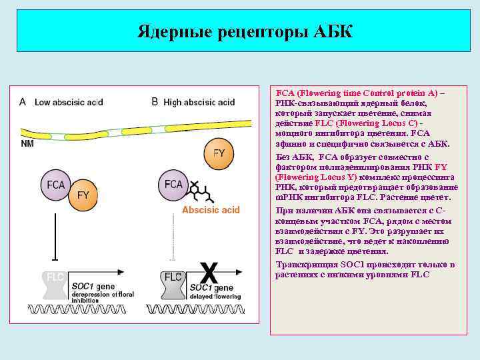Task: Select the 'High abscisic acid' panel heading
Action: [x=199, y=102]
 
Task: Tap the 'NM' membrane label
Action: [x=27, y=143]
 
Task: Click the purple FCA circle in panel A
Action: [x=57, y=185]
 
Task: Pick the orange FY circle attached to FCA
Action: [x=83, y=194]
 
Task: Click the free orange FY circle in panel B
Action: [x=218, y=153]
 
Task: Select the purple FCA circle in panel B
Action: [x=173, y=184]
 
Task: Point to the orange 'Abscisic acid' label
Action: [x=211, y=210]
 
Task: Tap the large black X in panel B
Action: [x=209, y=272]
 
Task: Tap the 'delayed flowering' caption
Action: [x=213, y=295]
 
